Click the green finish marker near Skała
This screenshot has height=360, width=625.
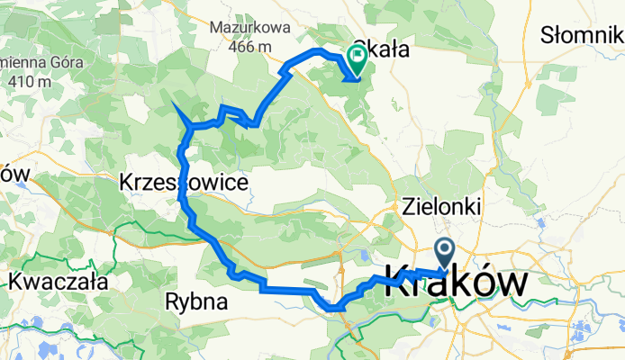point(357,59)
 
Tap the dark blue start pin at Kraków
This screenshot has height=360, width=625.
point(446,251)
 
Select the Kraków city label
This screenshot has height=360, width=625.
point(457,283)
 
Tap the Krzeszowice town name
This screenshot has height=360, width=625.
point(184,183)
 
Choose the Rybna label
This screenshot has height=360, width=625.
point(196,302)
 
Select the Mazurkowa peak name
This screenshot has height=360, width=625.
point(249,28)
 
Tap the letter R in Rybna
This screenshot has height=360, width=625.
point(172,302)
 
